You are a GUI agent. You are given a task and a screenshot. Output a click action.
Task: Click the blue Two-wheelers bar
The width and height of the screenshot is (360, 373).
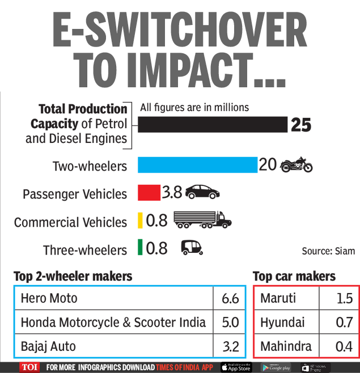pyautogui.click(x=197, y=165)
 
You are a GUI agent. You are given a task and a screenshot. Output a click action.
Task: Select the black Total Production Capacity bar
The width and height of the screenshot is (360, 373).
pyautogui.click(x=213, y=125)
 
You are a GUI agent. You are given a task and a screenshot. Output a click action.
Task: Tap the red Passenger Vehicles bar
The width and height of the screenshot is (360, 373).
pyautogui.click(x=149, y=193)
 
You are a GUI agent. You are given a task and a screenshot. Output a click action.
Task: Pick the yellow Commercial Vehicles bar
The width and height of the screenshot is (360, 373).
pyautogui.click(x=139, y=221)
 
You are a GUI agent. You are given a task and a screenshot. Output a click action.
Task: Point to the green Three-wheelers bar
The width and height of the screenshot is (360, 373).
pyautogui.click(x=139, y=248)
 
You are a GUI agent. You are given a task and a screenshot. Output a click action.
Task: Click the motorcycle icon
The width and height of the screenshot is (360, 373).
pyautogui.click(x=295, y=166)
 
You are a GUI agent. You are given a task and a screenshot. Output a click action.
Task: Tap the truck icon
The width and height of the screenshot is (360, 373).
pyautogui.click(x=198, y=220)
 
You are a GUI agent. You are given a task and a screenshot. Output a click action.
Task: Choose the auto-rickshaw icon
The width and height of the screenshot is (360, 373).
pyautogui.click(x=191, y=248)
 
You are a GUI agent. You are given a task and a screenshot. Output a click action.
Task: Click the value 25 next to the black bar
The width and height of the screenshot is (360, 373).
pyautogui.click(x=301, y=125)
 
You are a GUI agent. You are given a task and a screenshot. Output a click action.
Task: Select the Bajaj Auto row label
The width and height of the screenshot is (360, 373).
pyautogui.click(x=48, y=345)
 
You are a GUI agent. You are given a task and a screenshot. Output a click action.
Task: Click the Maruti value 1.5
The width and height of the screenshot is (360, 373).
pyautogui.click(x=344, y=299)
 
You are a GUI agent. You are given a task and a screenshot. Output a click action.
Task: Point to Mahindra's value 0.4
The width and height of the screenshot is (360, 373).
pyautogui.click(x=344, y=345)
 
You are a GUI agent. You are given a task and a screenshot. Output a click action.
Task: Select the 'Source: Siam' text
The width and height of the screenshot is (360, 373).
pyautogui.click(x=328, y=251)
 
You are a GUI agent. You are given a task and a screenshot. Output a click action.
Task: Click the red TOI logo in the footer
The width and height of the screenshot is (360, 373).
pyautogui.click(x=30, y=367)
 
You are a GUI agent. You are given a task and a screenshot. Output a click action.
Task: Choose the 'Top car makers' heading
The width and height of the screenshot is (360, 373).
pyautogui.click(x=294, y=277)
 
